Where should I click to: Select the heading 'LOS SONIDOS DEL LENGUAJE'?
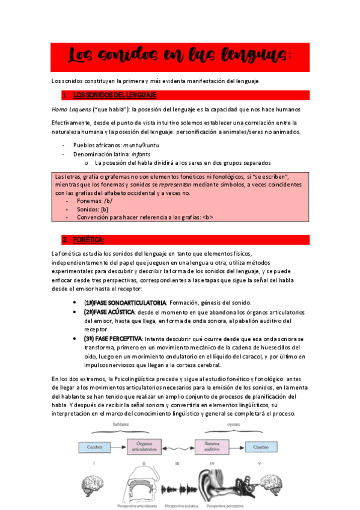tap(114, 95)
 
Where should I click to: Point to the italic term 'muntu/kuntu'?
tap(141, 145)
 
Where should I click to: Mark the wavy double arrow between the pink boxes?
tap(175, 447)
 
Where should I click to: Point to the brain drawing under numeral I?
tap(93, 487)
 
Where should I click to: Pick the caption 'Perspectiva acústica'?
tap(182, 506)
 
